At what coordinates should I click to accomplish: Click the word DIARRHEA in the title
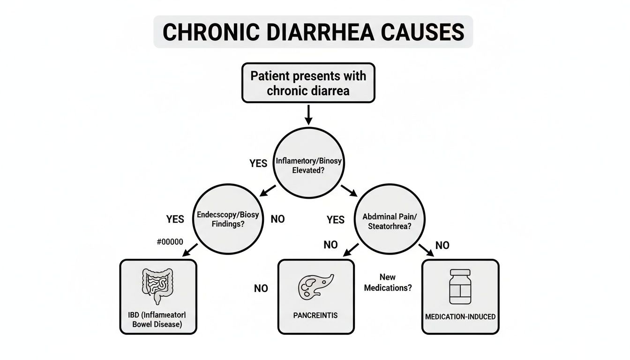(314, 32)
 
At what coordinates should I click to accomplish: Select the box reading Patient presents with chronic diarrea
(308, 83)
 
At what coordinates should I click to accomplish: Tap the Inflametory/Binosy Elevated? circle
(308, 165)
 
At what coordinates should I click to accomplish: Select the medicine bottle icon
(460, 287)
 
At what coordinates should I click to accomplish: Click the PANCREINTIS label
(315, 315)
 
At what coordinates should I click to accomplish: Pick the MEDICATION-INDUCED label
(460, 317)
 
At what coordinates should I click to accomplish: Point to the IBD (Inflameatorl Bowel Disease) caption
(158, 319)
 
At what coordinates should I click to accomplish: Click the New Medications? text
(388, 283)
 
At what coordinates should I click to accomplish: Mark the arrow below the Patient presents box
(308, 115)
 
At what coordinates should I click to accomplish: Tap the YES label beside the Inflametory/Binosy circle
(258, 163)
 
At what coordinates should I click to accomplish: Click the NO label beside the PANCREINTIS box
(261, 288)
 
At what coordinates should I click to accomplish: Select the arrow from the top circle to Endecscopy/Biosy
(268, 191)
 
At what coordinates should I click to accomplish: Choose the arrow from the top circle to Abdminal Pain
(349, 191)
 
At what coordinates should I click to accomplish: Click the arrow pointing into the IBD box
(189, 251)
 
